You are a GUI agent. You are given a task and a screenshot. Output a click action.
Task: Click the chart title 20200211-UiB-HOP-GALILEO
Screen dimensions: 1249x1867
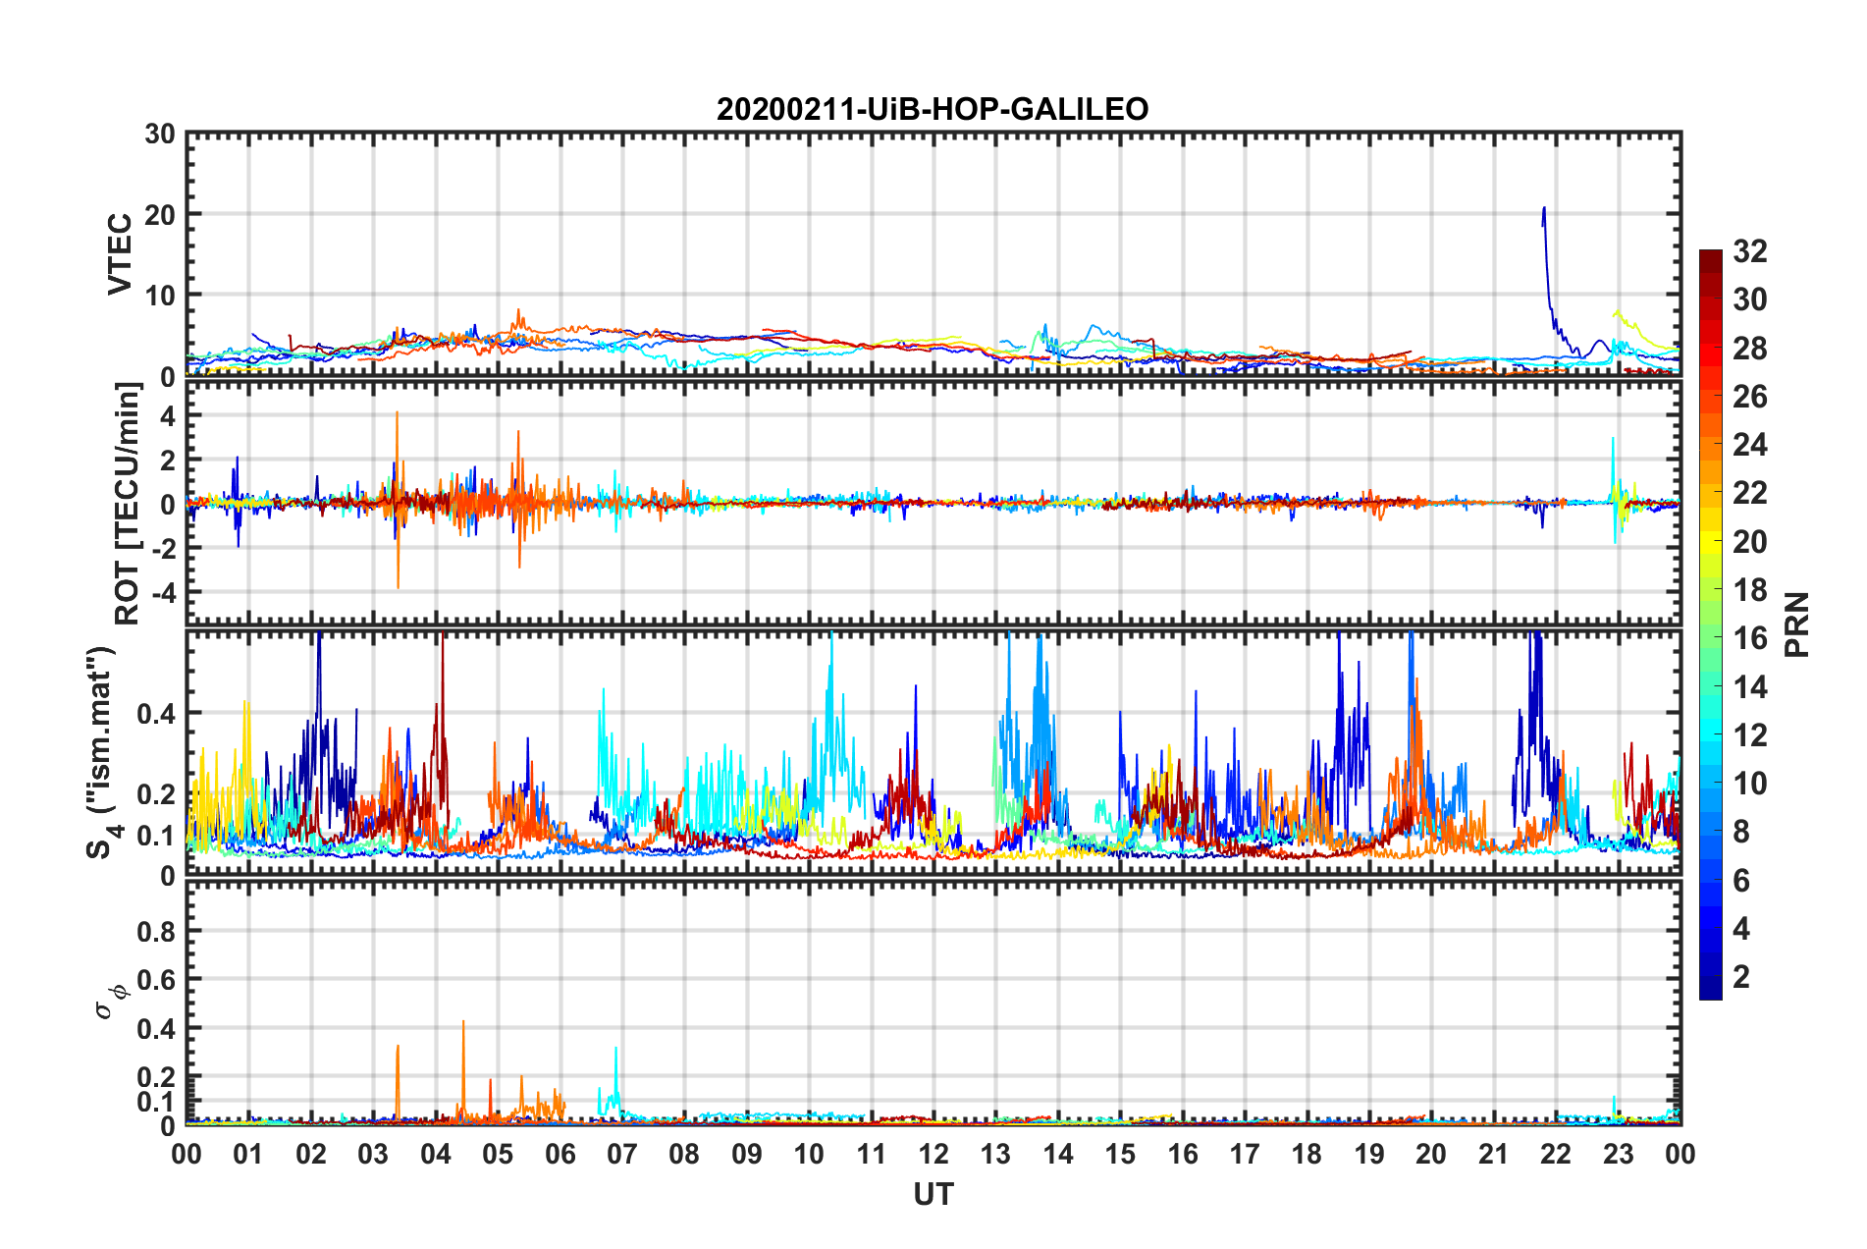point(933,109)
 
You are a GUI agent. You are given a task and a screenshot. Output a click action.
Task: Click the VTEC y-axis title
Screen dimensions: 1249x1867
point(120,253)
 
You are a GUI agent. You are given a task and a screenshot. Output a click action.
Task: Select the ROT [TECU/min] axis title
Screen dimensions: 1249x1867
point(128,504)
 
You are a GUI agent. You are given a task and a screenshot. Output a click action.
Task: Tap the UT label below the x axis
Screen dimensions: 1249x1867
point(933,1194)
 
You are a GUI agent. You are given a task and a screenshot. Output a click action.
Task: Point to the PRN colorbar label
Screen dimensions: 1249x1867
point(1796,624)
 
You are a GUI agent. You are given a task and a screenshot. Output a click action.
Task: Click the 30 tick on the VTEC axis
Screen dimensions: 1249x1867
point(159,135)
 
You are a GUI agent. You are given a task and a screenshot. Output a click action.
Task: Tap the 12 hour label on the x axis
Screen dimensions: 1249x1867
point(933,1154)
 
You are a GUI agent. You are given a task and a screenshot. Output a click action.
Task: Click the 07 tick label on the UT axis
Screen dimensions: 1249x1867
point(622,1154)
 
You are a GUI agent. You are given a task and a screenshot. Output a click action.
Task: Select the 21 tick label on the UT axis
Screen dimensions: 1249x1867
point(1493,1154)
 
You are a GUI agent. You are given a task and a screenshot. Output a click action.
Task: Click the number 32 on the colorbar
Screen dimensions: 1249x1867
point(1749,251)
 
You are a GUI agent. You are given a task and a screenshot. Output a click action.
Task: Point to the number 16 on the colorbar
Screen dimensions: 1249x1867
point(1749,638)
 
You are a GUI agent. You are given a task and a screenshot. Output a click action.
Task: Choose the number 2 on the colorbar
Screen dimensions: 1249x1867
point(1741,976)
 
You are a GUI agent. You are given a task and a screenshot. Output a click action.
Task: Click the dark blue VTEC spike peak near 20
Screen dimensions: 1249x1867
point(1544,208)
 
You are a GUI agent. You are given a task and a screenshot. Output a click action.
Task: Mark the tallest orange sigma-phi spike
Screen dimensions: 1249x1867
point(463,1022)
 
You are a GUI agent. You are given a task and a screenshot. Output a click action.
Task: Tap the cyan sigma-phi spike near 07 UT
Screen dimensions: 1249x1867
point(615,1049)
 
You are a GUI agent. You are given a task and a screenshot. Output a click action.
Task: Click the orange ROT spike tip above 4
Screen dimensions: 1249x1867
point(397,412)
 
